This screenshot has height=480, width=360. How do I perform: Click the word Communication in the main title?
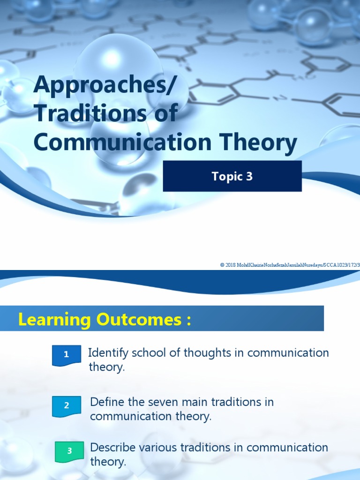tap(116, 142)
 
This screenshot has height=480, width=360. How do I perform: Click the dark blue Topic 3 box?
tap(232, 176)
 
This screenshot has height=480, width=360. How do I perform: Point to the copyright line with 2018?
tap(290, 265)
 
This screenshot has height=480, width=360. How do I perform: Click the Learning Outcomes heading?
tap(105, 320)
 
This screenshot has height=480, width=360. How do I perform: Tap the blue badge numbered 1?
tap(67, 355)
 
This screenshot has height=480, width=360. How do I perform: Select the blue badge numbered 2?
tap(67, 405)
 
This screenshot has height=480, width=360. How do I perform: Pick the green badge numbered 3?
tap(69, 451)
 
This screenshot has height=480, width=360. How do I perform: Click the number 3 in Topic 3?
tap(249, 176)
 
